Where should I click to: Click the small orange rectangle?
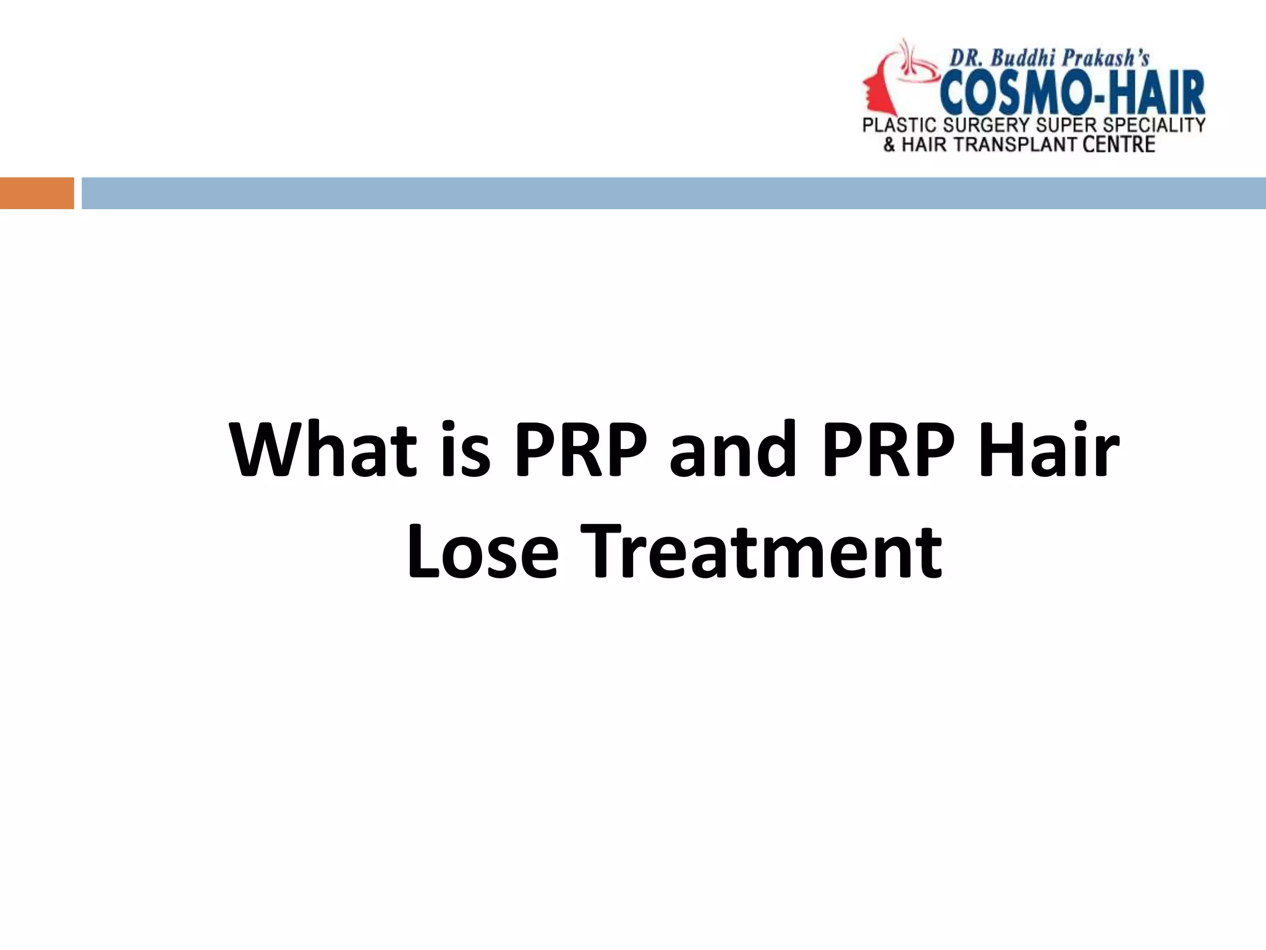pyautogui.click(x=36, y=193)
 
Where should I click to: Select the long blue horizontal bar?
pyautogui.click(x=674, y=193)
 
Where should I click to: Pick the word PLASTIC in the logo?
pyautogui.click(x=899, y=126)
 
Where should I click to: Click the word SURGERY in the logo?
pyautogui.click(x=987, y=126)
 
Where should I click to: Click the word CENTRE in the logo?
pyautogui.click(x=1119, y=145)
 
